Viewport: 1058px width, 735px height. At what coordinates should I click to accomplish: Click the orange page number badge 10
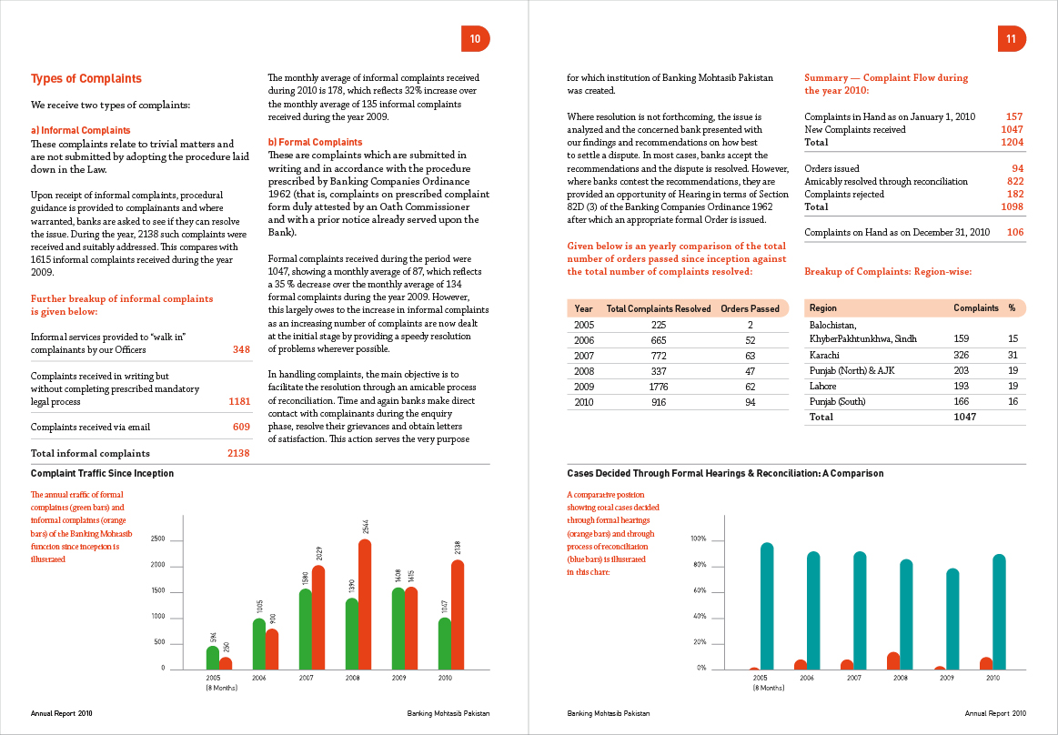(475, 38)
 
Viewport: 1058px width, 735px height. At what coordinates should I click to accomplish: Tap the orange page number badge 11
(1011, 38)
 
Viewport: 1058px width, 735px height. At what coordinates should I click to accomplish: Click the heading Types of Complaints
(86, 79)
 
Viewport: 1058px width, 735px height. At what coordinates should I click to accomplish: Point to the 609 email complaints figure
(241, 427)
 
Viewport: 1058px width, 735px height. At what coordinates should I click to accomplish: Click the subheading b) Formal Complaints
(315, 142)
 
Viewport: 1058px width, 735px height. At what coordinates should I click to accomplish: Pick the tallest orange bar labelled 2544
(365, 604)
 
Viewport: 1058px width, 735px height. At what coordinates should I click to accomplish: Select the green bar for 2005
(213, 657)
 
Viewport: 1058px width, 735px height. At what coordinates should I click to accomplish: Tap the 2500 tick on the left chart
(157, 539)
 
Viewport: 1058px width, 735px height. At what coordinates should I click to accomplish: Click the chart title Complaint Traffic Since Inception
(102, 473)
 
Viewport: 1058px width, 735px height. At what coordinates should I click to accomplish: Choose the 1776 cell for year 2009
(659, 387)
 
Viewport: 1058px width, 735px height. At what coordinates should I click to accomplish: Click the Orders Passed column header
(750, 308)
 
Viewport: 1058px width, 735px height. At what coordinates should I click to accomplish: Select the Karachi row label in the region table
(824, 354)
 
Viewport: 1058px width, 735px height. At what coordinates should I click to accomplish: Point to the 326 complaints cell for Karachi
(961, 354)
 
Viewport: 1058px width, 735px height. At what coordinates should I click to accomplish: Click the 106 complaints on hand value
(1014, 232)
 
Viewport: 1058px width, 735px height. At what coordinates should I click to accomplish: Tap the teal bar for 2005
(767, 607)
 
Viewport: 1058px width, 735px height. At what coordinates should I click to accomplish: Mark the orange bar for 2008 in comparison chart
(893, 660)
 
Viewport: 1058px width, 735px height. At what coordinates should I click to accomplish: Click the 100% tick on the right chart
(699, 539)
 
